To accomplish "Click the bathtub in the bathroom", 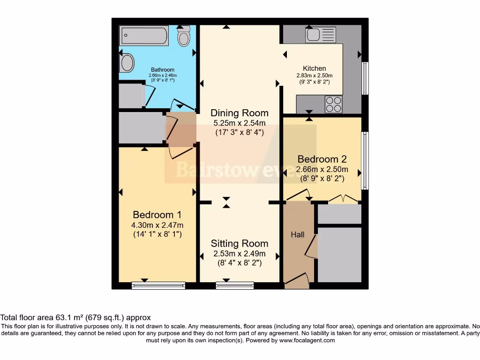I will (144, 35).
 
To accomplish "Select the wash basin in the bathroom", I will (127, 62).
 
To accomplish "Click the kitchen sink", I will (320, 35).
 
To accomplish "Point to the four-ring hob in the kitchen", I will (333, 104).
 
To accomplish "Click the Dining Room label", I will (240, 113).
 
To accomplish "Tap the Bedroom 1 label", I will (157, 215).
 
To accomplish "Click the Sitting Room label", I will (240, 243).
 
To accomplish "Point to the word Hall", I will (297, 234).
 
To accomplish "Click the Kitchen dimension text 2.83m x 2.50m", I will (314, 75).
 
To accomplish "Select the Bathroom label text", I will (163, 70).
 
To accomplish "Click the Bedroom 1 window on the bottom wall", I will (158, 285).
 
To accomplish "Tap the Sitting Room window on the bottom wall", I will (234, 285).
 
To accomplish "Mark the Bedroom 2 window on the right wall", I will (365, 160).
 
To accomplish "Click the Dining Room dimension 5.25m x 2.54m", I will (240, 123).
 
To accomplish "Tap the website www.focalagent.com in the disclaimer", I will (307, 340).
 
